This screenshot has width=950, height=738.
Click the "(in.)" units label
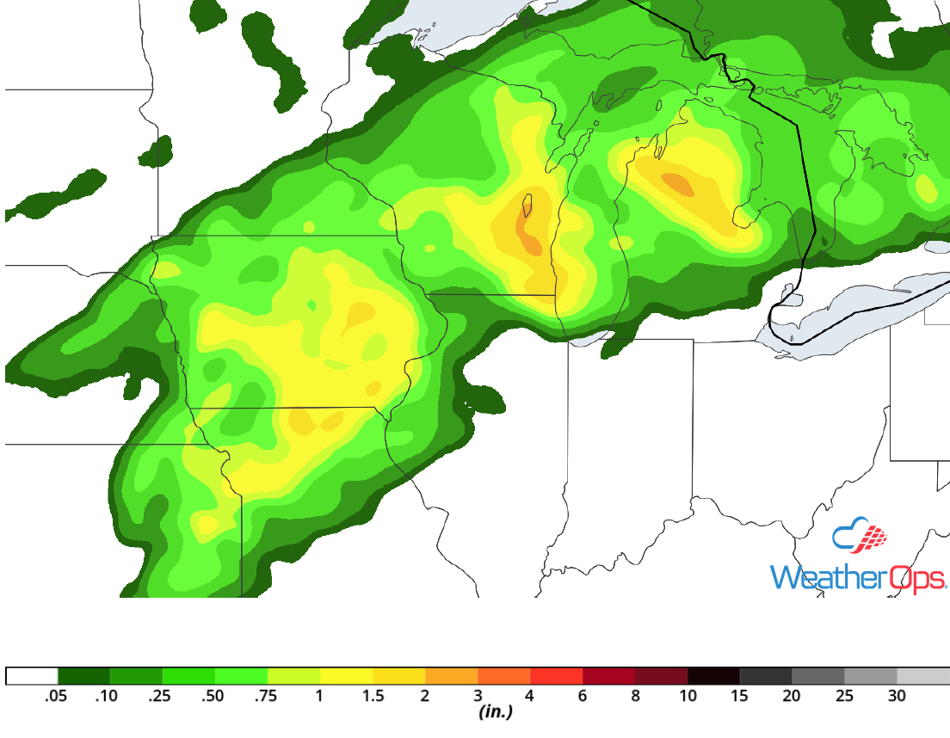496,712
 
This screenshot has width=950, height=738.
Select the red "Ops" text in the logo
916,577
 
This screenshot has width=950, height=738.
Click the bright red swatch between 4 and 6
556,675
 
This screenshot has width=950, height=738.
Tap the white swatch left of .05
32,675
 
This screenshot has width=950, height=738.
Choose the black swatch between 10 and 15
713,675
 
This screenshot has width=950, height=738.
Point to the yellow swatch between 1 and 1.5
346,675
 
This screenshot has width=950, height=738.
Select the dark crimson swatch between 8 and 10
661,675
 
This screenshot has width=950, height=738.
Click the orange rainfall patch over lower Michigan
677,183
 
